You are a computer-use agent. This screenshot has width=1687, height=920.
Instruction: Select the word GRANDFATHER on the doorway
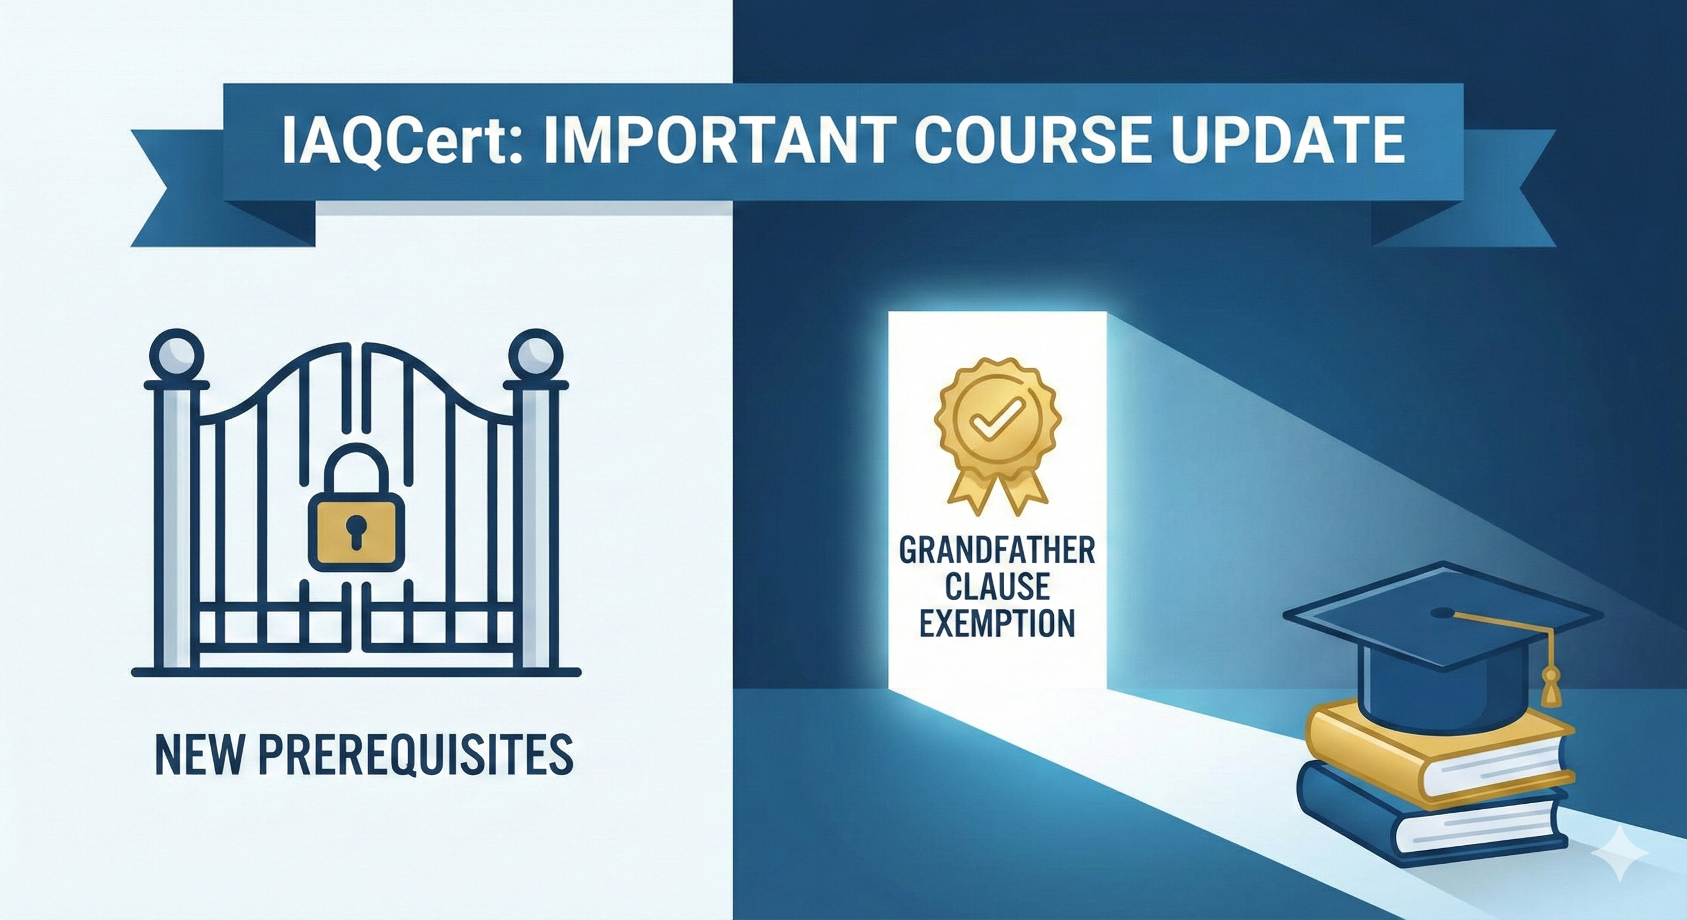(997, 552)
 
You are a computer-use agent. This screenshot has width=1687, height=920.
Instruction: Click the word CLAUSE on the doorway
(997, 587)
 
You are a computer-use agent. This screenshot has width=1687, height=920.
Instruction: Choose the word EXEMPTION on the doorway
(997, 624)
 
